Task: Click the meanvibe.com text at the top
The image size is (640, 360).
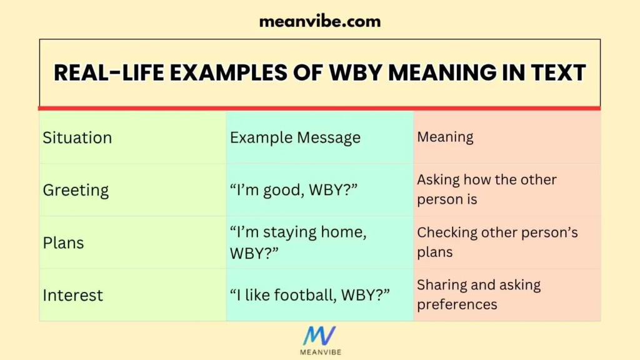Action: (319, 21)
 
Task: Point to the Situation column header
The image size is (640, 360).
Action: (77, 137)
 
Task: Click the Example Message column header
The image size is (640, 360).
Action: (295, 137)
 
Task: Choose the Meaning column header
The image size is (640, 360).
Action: (445, 137)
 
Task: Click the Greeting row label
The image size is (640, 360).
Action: (76, 190)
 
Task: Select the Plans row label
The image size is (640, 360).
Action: (63, 242)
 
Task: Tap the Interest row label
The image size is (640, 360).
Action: (72, 295)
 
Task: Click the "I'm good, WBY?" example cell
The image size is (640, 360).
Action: (294, 190)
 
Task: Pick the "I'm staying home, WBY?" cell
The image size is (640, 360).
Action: (298, 242)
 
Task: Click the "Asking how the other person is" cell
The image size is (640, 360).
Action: (486, 189)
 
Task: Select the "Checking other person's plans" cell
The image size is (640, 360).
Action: (497, 242)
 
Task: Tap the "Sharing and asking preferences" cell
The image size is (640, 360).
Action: (478, 294)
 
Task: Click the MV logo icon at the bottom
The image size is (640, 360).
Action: (319, 336)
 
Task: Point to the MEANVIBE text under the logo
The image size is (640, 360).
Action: (319, 352)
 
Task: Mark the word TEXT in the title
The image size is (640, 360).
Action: (554, 73)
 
